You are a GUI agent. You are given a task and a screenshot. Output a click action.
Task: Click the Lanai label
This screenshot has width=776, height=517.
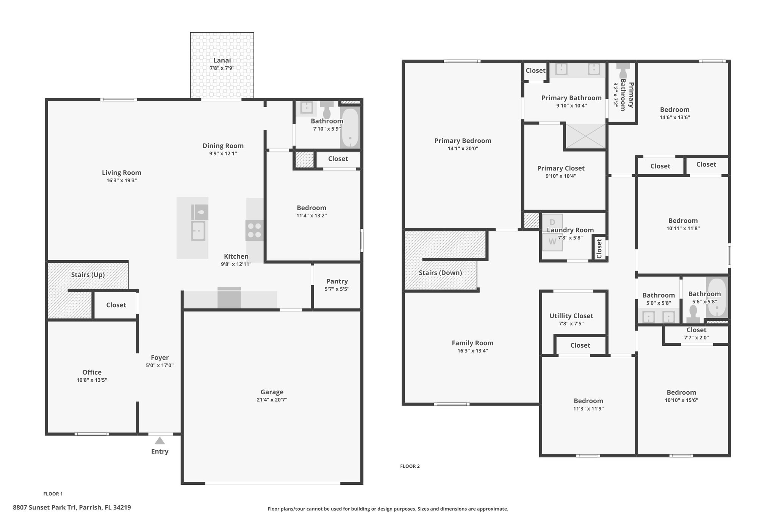(x=222, y=60)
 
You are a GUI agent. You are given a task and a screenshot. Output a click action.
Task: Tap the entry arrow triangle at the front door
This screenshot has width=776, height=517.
(x=160, y=440)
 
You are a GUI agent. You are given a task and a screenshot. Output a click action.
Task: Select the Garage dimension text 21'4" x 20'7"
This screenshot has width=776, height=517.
(x=272, y=400)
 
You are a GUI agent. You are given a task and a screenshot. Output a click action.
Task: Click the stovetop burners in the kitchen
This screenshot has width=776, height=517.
(x=254, y=230)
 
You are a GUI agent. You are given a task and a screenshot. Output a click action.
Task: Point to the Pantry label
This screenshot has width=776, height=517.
(x=337, y=281)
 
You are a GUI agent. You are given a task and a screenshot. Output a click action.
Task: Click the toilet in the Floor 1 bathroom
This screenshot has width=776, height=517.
(x=326, y=109)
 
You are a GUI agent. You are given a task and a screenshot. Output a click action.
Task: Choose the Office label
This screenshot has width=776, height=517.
(x=92, y=372)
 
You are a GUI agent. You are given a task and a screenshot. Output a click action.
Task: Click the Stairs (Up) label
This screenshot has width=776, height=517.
(x=88, y=275)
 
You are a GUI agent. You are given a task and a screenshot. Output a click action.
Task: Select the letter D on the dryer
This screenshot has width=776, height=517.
(x=552, y=222)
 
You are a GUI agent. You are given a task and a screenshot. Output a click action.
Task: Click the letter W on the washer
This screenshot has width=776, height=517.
(x=552, y=242)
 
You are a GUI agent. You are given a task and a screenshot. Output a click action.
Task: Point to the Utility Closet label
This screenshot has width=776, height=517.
(x=571, y=316)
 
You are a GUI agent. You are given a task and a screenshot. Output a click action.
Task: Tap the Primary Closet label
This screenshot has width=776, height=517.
(x=561, y=168)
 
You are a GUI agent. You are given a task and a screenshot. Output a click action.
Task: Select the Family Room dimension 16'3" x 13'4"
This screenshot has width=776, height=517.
(x=472, y=351)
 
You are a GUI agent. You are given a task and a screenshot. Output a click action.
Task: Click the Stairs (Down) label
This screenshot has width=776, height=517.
(x=440, y=273)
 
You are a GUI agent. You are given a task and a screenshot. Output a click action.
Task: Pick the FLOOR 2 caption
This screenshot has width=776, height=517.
(x=410, y=466)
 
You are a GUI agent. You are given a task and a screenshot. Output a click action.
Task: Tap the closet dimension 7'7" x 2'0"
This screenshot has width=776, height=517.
(x=696, y=337)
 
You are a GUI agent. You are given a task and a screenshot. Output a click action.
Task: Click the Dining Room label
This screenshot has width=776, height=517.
(x=223, y=146)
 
